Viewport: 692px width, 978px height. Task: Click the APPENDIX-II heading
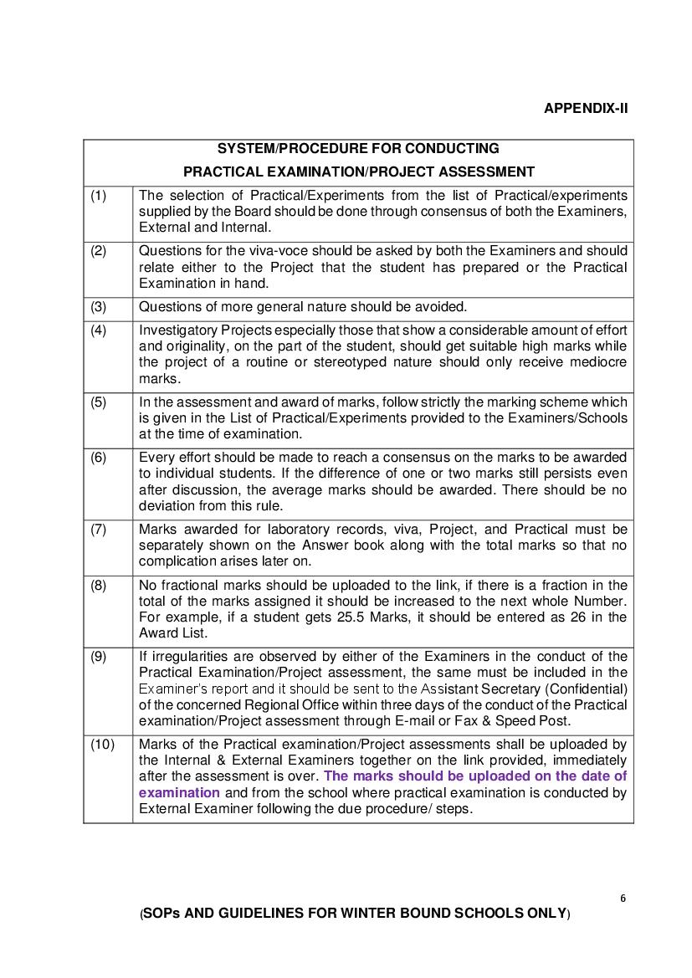585,109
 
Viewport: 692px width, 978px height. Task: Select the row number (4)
99,330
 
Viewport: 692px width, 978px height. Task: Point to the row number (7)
99,529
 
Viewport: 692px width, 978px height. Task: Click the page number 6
623,899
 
